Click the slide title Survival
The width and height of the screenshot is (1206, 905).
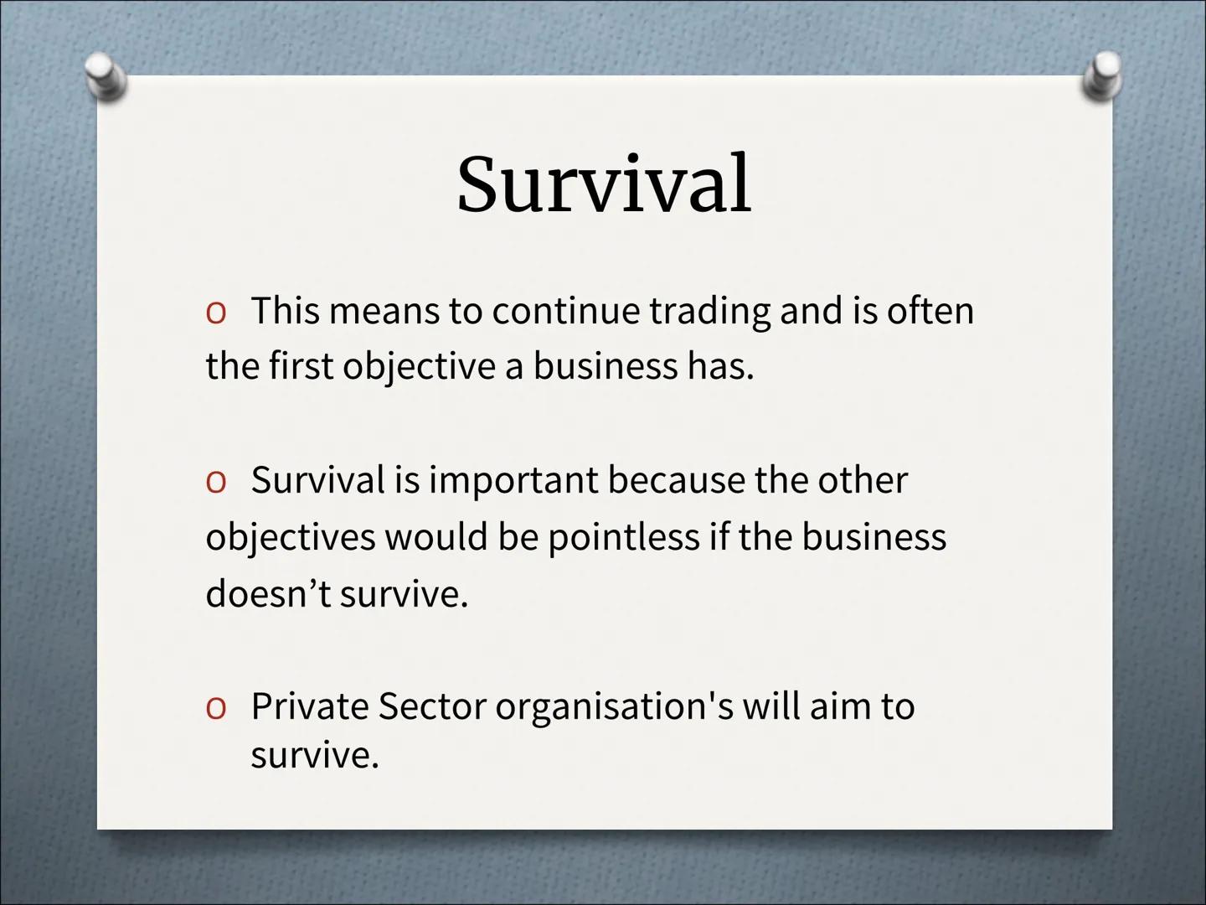click(603, 184)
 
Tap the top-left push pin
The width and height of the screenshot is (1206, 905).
click(107, 76)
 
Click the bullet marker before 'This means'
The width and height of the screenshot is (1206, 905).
click(215, 313)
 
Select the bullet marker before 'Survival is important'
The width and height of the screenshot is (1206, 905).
click(215, 482)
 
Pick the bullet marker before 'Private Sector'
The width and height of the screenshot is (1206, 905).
click(215, 708)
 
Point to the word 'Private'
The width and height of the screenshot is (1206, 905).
click(308, 706)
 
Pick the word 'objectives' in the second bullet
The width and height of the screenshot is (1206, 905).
click(290, 538)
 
